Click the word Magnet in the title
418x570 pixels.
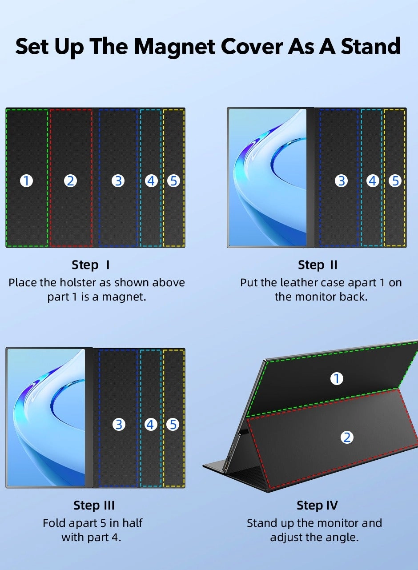coord(175,47)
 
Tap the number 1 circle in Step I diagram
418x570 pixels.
coord(27,181)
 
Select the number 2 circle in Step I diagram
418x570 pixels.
coord(71,181)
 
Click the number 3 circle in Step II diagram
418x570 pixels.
coord(342,181)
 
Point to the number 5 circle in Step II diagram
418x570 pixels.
coord(395,181)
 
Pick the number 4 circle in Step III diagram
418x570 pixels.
coord(151,425)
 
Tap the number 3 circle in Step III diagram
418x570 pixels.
coord(119,425)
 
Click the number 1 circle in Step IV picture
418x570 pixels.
coord(337,379)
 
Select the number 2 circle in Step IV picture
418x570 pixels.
coord(347,438)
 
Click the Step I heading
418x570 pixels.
coord(91,265)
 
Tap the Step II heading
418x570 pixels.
coord(318,265)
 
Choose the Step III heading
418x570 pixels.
coord(94,506)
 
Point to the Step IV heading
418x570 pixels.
coord(317,506)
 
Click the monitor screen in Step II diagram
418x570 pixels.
coord(268,178)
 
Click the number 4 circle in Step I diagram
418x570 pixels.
coord(151,181)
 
